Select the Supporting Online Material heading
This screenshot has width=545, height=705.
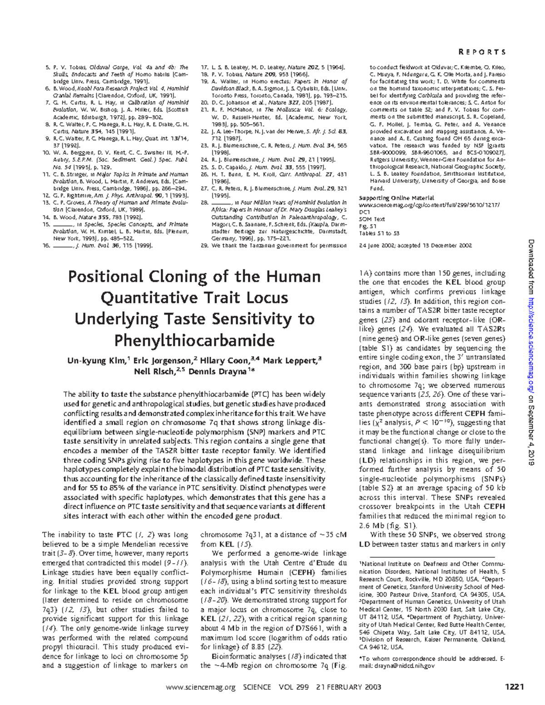(x=396, y=198)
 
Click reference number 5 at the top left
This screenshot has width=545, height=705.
(x=48, y=67)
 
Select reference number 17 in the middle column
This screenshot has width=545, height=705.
(x=204, y=67)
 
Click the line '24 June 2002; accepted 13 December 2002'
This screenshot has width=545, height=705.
(x=415, y=246)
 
